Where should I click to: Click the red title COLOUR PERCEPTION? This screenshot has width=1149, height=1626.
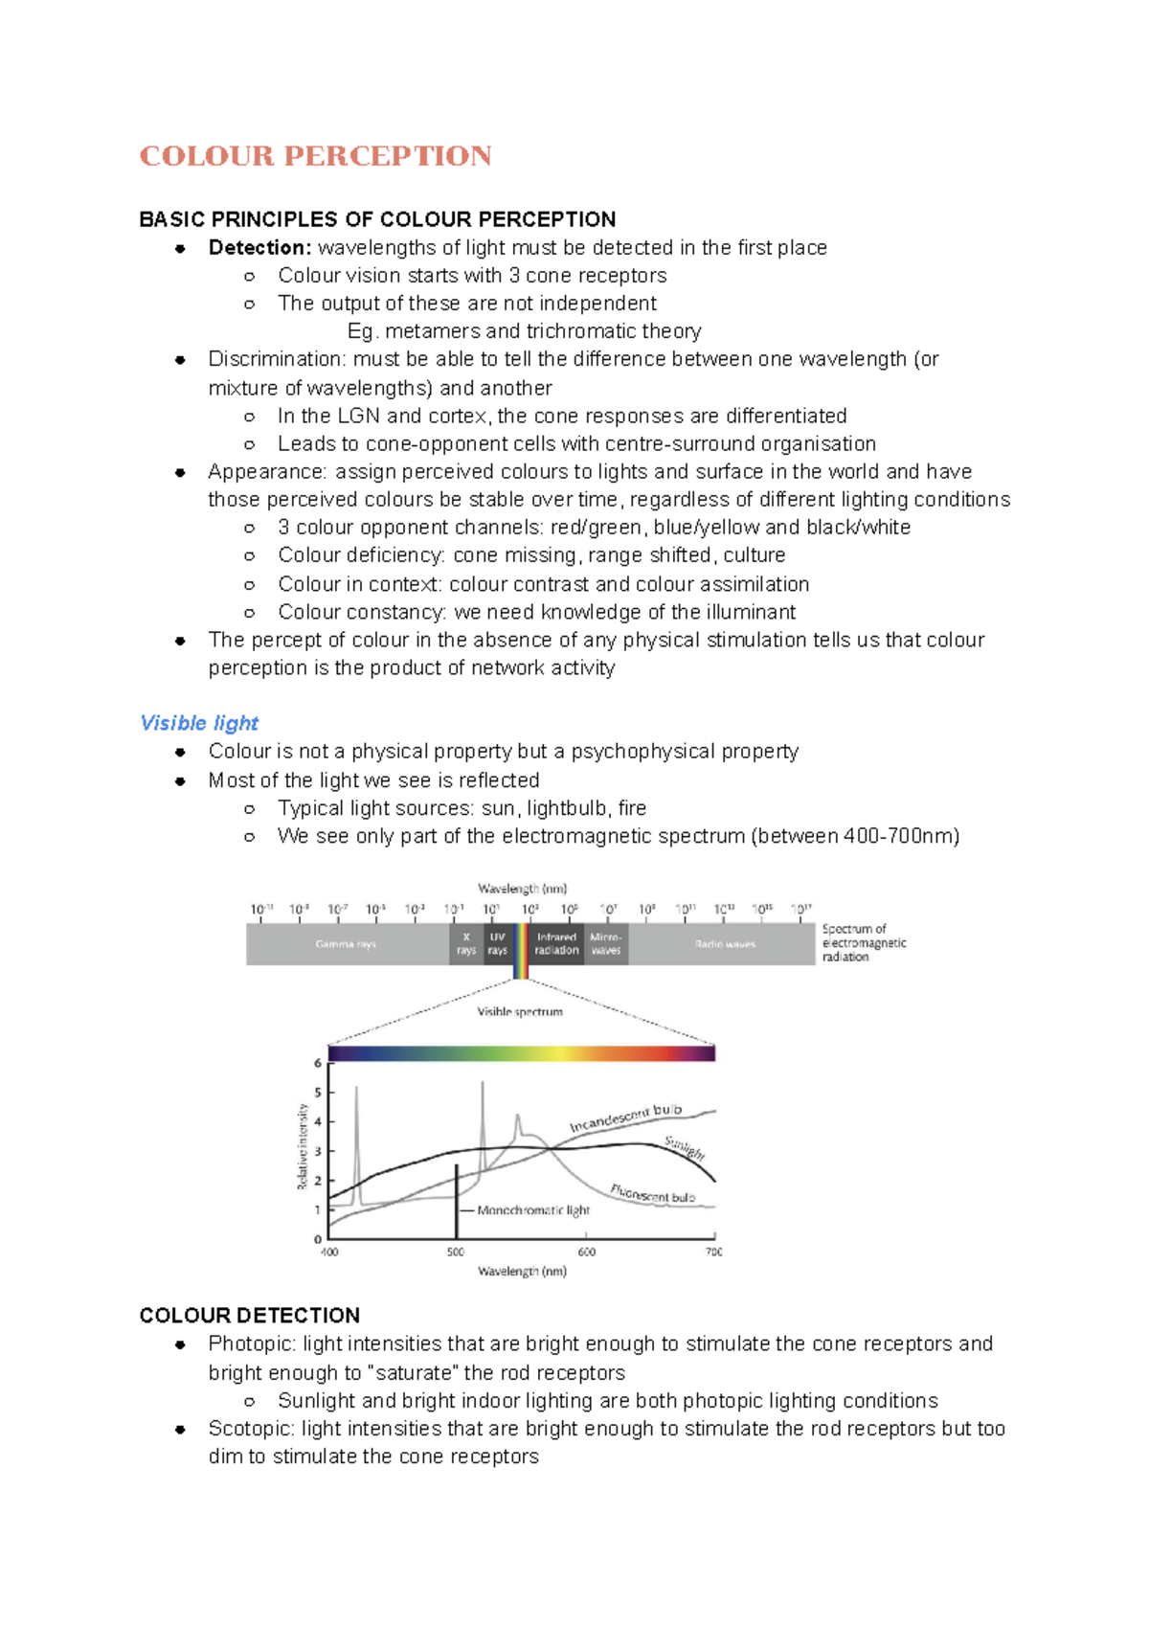tap(315, 156)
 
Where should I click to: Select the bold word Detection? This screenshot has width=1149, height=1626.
tap(259, 248)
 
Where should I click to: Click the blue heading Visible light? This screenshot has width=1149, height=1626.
tap(199, 723)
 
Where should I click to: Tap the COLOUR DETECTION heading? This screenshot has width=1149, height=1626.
tap(249, 1315)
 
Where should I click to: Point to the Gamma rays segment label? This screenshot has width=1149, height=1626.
tap(346, 944)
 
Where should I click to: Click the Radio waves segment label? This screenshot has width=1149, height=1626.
tap(725, 944)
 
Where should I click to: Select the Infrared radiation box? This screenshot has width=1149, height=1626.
tap(556, 943)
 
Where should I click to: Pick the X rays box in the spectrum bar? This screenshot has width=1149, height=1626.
tap(466, 943)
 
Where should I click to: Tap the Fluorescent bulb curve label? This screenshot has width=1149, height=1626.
tap(652, 1194)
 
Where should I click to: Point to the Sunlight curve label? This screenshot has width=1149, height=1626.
tap(685, 1147)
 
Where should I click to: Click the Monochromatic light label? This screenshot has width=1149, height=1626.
tap(533, 1210)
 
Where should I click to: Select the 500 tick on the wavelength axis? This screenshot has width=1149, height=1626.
tap(456, 1252)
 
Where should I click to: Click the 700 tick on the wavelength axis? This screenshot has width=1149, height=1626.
tap(713, 1252)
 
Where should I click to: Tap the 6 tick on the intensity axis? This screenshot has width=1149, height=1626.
tap(318, 1063)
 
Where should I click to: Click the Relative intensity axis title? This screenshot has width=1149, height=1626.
tap(303, 1146)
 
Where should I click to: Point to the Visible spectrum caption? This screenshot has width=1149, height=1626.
tap(520, 1011)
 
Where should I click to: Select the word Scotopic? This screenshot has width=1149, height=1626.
tap(251, 1429)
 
